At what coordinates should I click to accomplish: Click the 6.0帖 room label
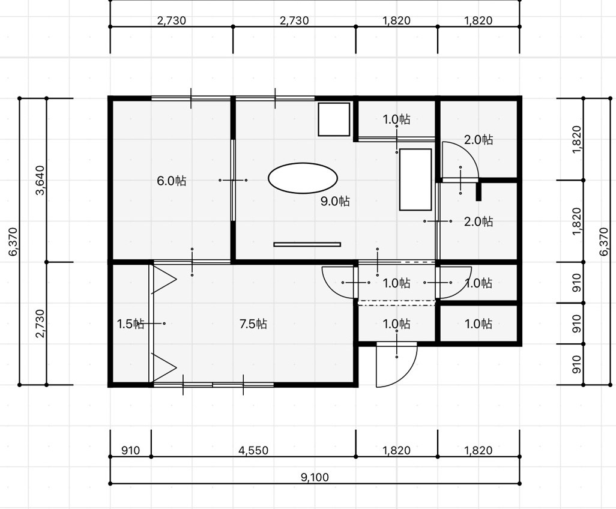pos(171,181)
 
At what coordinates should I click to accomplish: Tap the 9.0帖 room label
pos(335,201)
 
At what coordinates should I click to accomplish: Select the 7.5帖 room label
pos(253,324)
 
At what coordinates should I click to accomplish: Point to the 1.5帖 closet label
pos(131,324)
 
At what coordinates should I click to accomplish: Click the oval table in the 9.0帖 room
pos(303,178)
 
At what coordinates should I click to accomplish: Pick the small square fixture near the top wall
pos(334,119)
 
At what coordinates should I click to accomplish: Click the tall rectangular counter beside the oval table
pos(415,179)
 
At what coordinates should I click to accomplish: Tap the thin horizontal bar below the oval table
pos(307,244)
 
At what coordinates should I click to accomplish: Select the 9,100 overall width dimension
pos(315,478)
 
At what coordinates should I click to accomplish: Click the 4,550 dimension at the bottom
pos(253,450)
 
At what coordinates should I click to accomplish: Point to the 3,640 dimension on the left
pos(40,180)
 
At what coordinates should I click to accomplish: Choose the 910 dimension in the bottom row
pos(130,450)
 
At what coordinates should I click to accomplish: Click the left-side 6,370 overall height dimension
pos(13,241)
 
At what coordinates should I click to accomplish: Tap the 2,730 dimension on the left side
pos(40,324)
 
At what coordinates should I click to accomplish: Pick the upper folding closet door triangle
pos(164,280)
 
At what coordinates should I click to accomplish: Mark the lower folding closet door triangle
pos(164,367)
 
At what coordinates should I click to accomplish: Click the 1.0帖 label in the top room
pos(397,119)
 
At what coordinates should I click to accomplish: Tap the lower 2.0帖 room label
pos(479,222)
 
